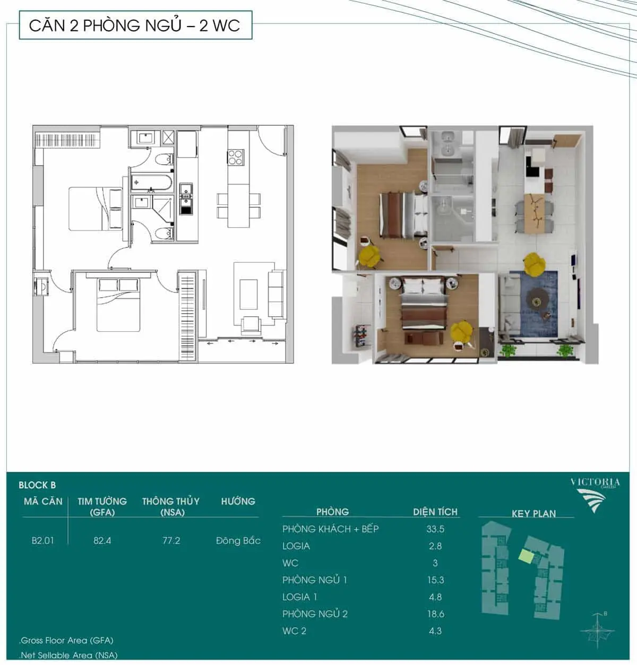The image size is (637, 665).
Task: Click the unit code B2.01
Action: click(42, 540)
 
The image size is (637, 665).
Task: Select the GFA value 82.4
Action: click(102, 540)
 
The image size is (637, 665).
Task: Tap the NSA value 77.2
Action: click(171, 540)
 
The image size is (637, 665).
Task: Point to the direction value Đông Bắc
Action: click(238, 540)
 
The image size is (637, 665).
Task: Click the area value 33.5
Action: click(435, 529)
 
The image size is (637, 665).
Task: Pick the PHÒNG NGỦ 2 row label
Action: click(315, 614)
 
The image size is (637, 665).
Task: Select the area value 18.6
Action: click(436, 614)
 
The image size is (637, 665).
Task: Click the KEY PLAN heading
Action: click(534, 514)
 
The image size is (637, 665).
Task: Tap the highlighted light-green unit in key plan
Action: click(526, 556)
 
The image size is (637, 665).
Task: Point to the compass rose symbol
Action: click(597, 631)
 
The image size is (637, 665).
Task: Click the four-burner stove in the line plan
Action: click(236, 158)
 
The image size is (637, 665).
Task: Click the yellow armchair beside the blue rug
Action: click(535, 263)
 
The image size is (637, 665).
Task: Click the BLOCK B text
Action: click(37, 485)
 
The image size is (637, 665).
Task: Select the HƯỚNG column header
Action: click(238, 502)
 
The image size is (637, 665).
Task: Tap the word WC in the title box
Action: click(226, 25)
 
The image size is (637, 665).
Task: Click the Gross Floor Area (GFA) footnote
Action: click(67, 640)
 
